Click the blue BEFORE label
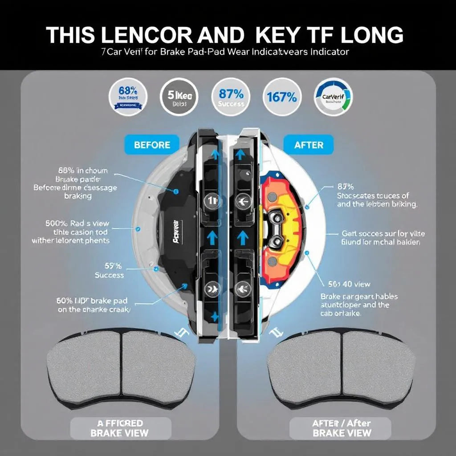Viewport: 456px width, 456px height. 152,145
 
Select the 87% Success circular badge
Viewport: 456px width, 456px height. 231,97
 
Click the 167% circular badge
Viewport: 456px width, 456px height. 281,97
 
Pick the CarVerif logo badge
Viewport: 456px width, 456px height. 333,97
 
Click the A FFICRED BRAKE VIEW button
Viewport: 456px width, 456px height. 120,427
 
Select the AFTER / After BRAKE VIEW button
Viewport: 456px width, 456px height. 341,427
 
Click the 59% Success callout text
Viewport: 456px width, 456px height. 109,271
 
